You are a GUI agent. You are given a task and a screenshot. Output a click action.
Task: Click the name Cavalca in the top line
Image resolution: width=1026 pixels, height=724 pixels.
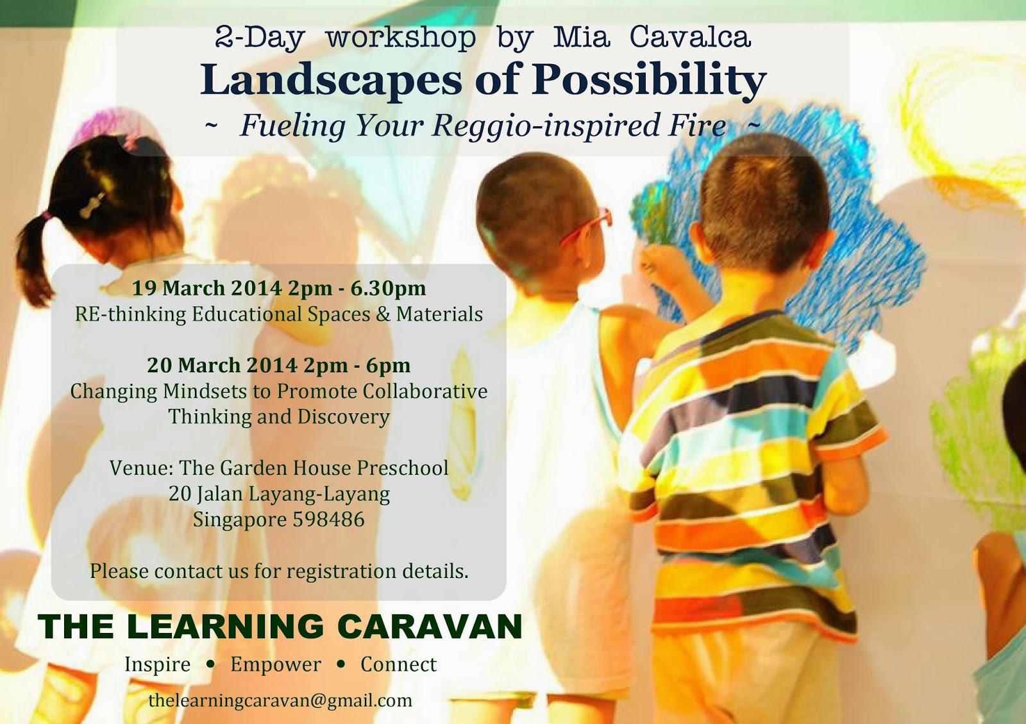pyautogui.click(x=690, y=37)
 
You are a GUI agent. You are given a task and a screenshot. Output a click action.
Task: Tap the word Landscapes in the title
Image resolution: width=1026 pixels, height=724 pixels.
pyautogui.click(x=331, y=81)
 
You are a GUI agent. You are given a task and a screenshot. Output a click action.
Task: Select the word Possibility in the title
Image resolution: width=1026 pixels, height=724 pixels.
pyautogui.click(x=649, y=81)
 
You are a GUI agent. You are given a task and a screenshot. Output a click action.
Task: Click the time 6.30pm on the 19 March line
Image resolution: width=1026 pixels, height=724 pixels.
pyautogui.click(x=389, y=288)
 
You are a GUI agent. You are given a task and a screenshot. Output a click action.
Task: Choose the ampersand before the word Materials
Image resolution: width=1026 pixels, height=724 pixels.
pyautogui.click(x=383, y=315)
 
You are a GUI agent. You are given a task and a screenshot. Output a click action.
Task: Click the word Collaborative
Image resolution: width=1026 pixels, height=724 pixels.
pyautogui.click(x=425, y=391)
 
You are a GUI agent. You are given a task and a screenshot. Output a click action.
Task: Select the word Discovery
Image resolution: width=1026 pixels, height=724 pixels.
pyautogui.click(x=344, y=417)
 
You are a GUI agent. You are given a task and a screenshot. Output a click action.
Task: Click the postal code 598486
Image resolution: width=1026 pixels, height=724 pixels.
pyautogui.click(x=329, y=520)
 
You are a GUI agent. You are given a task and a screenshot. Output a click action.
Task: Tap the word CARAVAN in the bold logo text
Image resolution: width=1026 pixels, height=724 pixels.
pyautogui.click(x=430, y=626)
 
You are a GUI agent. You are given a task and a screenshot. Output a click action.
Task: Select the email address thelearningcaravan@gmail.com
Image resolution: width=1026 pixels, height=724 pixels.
pyautogui.click(x=280, y=700)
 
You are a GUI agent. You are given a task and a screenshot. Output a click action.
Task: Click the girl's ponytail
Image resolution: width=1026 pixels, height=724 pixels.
pyautogui.click(x=35, y=259)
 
